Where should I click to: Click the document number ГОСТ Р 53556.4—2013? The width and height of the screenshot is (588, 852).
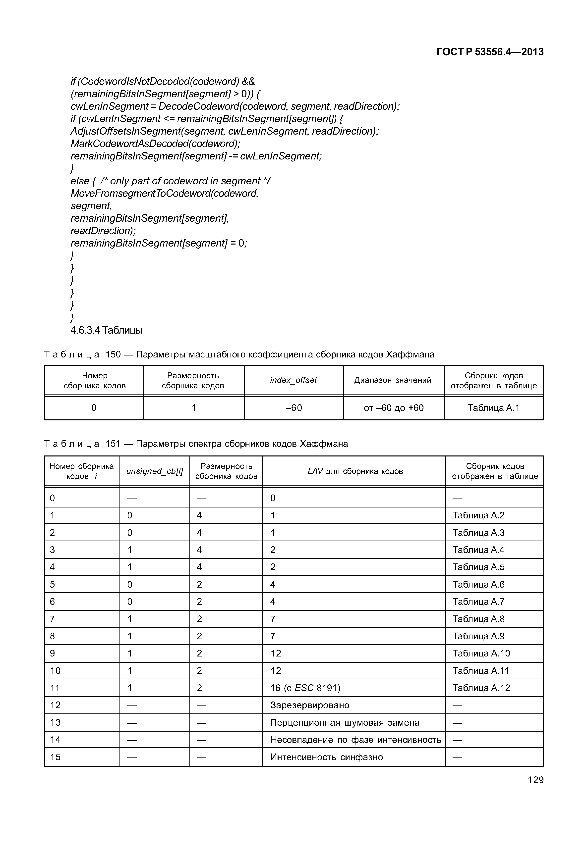[490, 52]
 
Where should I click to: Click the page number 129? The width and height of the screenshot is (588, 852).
[535, 780]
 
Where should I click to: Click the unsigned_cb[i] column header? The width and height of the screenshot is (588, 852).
[154, 471]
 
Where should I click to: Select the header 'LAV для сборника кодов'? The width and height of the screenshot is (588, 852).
[355, 471]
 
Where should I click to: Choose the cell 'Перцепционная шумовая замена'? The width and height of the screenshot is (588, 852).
[345, 722]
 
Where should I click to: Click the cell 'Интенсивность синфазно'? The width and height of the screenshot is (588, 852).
[326, 757]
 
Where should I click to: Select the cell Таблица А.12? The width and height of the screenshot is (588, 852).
[481, 688]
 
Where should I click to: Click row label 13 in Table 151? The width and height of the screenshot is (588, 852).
[55, 722]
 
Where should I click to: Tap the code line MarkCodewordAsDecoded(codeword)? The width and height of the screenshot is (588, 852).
[155, 144]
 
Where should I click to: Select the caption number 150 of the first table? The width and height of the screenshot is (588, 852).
[113, 354]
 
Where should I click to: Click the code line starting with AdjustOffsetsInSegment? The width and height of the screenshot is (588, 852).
[224, 131]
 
